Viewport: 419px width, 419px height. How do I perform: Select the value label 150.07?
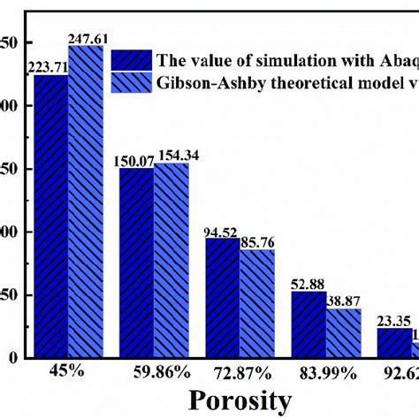coord(137,160)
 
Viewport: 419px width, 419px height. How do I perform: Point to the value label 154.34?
coord(172,155)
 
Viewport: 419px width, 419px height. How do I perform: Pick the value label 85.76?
coord(257,242)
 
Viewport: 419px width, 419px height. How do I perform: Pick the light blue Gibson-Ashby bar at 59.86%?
coord(171,261)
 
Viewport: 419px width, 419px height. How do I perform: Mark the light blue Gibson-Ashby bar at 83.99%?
coord(343,333)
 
